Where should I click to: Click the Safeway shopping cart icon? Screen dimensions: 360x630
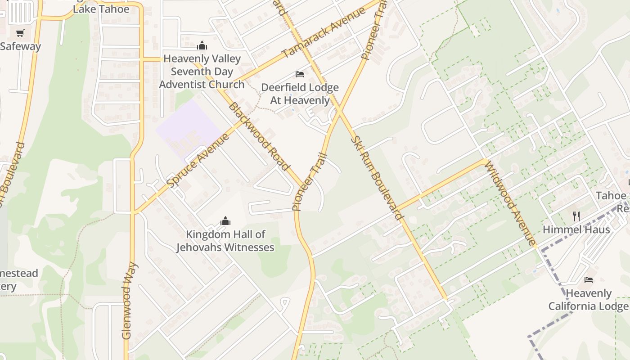tap(20, 33)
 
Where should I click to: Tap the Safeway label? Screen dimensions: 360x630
tap(20, 46)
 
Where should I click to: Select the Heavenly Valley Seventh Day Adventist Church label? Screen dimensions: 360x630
tap(202, 72)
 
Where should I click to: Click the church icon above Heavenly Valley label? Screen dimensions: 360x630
tap(202, 45)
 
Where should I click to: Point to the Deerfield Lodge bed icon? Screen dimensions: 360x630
tap(300, 74)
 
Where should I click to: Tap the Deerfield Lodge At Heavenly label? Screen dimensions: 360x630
tap(300, 94)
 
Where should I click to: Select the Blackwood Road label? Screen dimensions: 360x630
tap(258, 136)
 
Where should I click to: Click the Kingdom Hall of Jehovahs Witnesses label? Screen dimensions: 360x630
tap(225, 241)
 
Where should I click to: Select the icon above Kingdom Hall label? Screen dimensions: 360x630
tap(225, 221)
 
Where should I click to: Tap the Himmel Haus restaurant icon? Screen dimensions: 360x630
tap(576, 216)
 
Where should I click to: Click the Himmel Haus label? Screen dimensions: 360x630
tap(576, 229)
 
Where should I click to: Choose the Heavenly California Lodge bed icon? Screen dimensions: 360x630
tap(588, 280)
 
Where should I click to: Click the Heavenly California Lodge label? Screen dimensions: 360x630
tap(588, 300)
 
